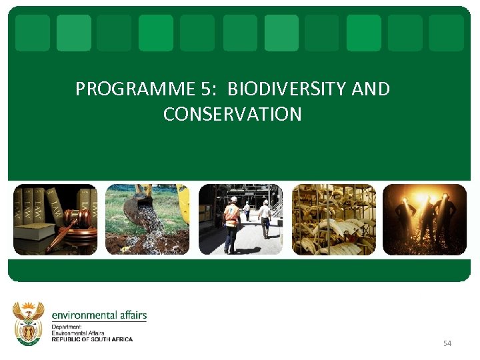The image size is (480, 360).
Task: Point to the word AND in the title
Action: pos(371,89)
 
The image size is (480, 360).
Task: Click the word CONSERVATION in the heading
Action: pos(233,115)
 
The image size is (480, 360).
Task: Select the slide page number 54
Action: pos(447,343)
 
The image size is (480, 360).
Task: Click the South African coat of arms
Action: pos(29,323)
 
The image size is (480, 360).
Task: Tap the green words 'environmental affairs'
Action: pos(99,315)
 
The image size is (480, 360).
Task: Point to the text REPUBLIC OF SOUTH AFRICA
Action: pos(92,339)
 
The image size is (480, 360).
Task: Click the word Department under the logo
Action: pos(66,327)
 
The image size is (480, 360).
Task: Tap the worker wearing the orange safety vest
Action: pos(231,223)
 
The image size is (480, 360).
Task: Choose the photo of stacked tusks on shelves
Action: pos(333,219)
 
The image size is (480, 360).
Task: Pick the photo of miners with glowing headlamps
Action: pos(425,219)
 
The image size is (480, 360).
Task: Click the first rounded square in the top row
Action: pos(33,33)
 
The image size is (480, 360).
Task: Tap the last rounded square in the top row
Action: pos(447,33)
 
